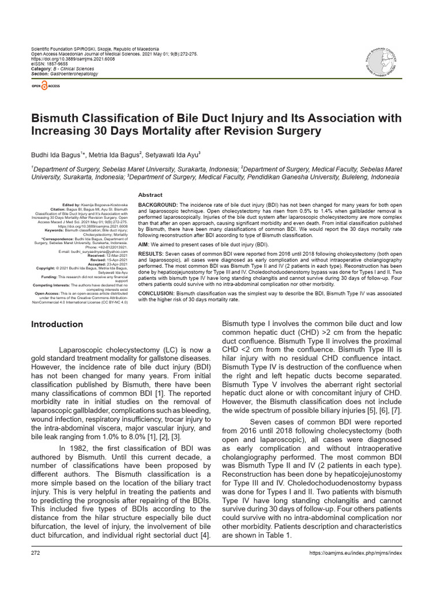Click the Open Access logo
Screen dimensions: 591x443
46,85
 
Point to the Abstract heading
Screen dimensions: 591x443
151,195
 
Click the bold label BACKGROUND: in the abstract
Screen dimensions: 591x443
158,205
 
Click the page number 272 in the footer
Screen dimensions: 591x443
35,553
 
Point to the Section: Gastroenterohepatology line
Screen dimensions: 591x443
65,74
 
